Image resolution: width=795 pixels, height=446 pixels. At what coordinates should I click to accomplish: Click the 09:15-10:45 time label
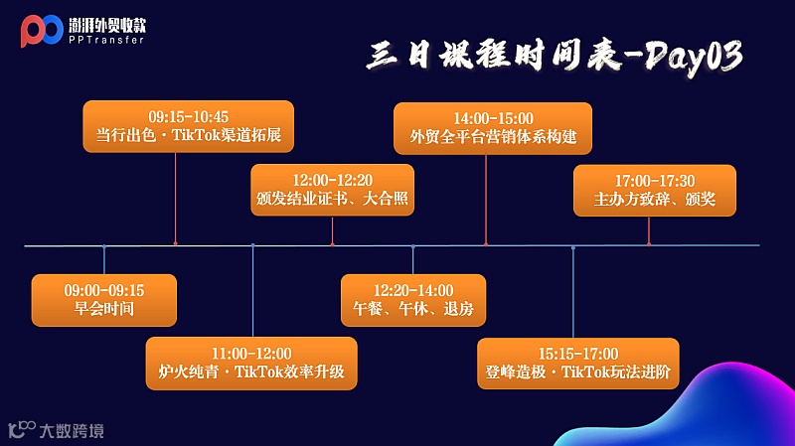(189, 116)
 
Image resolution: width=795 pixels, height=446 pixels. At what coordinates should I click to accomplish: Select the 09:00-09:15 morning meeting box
(104, 300)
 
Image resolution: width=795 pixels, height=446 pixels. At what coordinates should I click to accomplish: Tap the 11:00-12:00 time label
(251, 354)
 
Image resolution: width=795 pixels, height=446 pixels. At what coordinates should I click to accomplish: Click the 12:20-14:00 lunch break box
(413, 300)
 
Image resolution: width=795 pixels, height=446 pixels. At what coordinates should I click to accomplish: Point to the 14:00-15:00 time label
(493, 117)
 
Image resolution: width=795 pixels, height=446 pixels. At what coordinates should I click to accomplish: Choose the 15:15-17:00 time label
(578, 354)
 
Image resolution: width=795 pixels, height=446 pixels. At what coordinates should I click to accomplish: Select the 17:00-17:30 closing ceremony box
(654, 190)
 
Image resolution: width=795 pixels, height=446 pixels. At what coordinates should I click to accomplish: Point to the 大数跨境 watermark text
(71, 431)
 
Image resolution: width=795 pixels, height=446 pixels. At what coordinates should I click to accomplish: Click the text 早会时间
(104, 309)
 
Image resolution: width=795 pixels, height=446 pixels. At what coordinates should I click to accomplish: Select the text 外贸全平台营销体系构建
(493, 137)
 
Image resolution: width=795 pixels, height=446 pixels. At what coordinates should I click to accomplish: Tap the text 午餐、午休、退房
(413, 309)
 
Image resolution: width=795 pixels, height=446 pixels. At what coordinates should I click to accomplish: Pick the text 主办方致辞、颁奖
(654, 199)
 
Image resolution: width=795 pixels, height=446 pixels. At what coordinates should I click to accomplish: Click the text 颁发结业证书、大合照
(332, 199)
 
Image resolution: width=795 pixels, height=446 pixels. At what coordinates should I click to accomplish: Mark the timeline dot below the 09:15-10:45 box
(175, 243)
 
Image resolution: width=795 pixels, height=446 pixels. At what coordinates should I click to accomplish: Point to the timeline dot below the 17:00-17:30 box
(649, 243)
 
